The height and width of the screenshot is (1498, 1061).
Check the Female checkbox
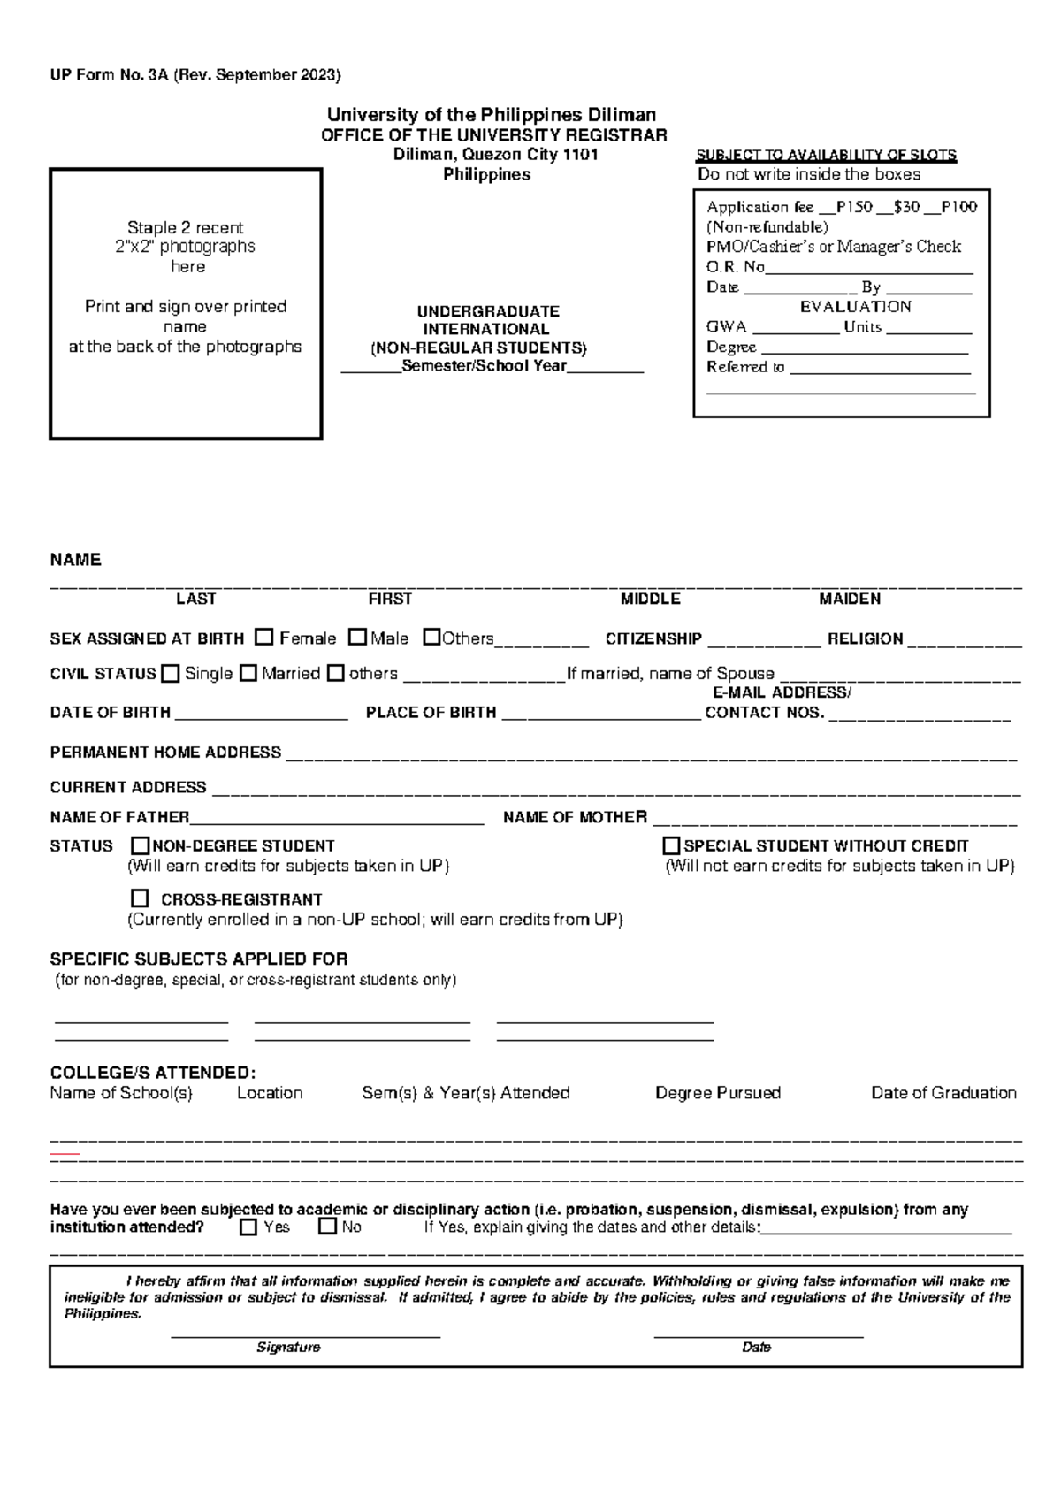[x=263, y=637]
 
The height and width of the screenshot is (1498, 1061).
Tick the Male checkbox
[x=357, y=637]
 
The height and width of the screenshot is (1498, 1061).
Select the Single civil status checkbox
[x=171, y=673]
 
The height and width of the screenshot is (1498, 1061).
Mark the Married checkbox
[x=248, y=673]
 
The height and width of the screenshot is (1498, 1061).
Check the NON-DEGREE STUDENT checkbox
[x=141, y=845]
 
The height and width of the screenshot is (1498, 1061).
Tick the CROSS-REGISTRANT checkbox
[x=140, y=898]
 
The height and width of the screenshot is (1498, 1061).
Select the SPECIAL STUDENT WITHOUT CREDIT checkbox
[x=672, y=845]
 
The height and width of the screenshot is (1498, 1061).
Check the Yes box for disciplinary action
[x=248, y=1227]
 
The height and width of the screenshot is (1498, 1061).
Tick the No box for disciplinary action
[x=327, y=1227]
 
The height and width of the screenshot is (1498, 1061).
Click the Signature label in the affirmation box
[x=288, y=1347]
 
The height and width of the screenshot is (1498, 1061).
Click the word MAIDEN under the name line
[x=850, y=599]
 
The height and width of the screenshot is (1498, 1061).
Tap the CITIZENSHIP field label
[x=653, y=638]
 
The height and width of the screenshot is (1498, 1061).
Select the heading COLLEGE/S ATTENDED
[x=152, y=1073]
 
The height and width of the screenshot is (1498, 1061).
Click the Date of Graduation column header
[x=943, y=1093]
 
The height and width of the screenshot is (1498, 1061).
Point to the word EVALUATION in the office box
[x=855, y=307]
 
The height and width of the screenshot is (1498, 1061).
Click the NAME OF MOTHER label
[x=575, y=817]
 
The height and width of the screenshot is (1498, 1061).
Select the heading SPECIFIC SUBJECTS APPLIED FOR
[x=198, y=959]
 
